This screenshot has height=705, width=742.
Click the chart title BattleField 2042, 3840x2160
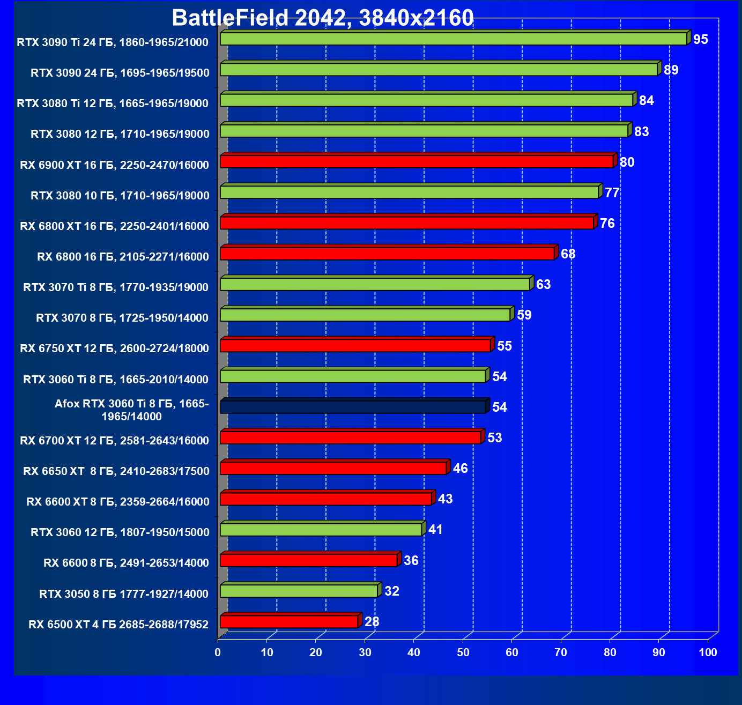[x=323, y=18]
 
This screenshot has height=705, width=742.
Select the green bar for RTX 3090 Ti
[x=454, y=39]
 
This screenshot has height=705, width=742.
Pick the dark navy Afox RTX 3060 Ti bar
[x=353, y=407]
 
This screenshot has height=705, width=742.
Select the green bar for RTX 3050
[x=299, y=591]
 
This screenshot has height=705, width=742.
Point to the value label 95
[x=701, y=40]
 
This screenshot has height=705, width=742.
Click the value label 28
[x=372, y=622]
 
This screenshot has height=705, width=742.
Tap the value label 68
[x=568, y=254]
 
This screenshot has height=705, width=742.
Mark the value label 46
[x=461, y=469]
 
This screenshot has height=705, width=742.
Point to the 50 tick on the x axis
[x=463, y=652]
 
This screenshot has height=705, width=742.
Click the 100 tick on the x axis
[x=708, y=652]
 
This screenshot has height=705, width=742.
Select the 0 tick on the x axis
[x=218, y=652]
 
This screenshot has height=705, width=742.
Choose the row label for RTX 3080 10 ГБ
[x=120, y=196]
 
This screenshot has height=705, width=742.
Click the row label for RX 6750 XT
[x=114, y=348]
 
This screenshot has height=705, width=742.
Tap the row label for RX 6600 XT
[x=118, y=502]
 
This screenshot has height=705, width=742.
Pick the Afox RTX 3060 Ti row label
[x=132, y=410]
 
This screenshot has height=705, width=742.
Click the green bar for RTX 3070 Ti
[x=375, y=284]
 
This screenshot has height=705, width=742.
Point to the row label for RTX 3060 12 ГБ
[x=120, y=532]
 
